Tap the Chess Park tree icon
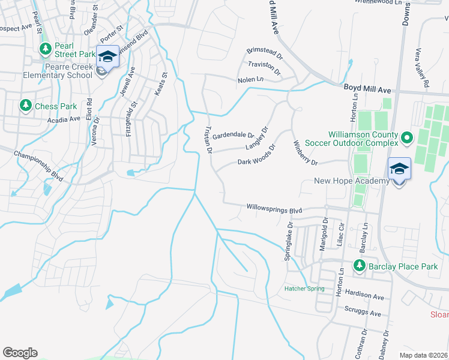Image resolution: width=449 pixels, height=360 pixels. [x=25, y=106]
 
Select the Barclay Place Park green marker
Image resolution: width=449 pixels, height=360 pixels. [x=360, y=265]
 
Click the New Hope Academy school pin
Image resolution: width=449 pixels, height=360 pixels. [x=399, y=168]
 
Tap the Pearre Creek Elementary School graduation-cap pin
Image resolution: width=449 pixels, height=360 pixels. [x=107, y=58]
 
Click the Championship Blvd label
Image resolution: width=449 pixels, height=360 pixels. [x=39, y=161]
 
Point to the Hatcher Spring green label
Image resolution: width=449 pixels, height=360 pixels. [x=304, y=289]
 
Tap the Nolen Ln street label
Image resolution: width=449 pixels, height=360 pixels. [x=250, y=79]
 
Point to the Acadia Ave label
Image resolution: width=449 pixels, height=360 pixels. [x=64, y=119]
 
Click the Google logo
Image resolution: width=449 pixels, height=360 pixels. [x=20, y=353]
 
